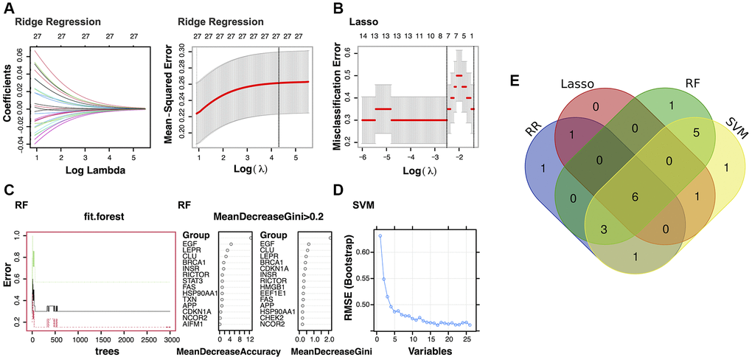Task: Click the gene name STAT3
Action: [x=195, y=280]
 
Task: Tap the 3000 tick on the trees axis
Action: [x=170, y=342]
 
